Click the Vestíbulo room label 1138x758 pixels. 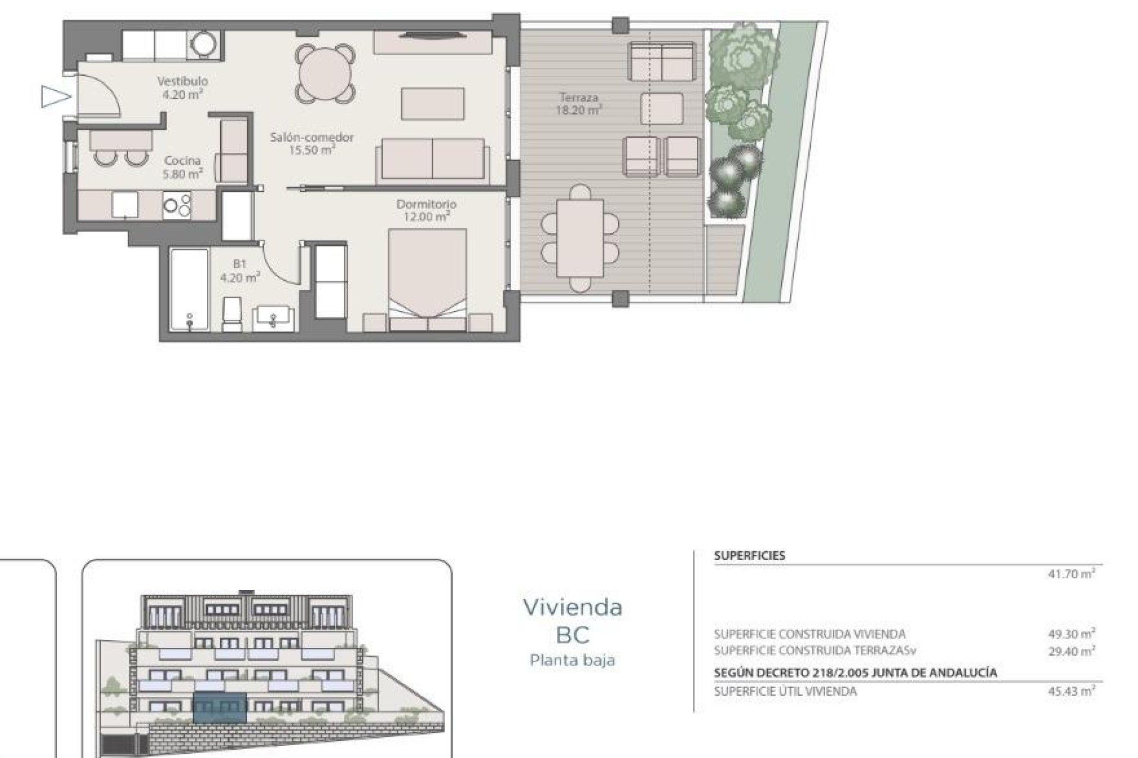tap(182, 86)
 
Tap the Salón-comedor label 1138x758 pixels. tap(312, 143)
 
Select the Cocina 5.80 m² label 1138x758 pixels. tap(183, 167)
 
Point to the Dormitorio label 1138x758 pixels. tap(426, 210)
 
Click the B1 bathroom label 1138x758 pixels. tap(239, 271)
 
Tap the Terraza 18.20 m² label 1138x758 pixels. tap(578, 103)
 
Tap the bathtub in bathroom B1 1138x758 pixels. tap(188, 289)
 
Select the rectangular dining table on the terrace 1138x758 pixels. tap(580, 238)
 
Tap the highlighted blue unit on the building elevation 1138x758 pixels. tap(220, 708)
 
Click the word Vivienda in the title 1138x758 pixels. tap(572, 607)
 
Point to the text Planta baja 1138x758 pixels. tap(572, 660)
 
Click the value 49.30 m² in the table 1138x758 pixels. tap(1071, 634)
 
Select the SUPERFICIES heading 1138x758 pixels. tap(749, 555)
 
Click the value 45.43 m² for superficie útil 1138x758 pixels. tap(1071, 691)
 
